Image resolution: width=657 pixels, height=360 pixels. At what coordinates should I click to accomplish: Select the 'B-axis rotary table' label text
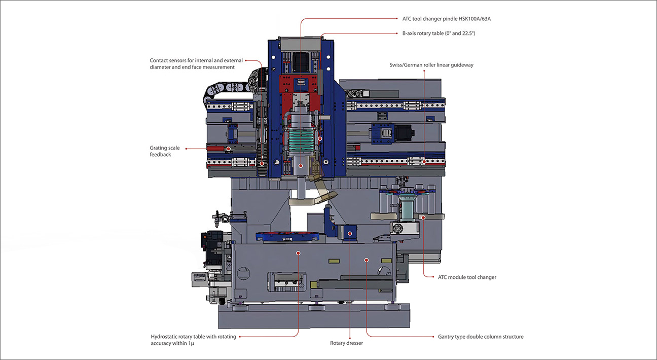pyautogui.click(x=435, y=33)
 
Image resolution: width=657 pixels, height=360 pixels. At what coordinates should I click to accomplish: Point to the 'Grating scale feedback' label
pyautogui.click(x=164, y=151)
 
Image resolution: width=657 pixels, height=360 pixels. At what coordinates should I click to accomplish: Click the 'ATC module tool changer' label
pyautogui.click(x=467, y=277)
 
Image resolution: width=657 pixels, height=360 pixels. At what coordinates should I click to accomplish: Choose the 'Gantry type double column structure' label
pyautogui.click(x=481, y=337)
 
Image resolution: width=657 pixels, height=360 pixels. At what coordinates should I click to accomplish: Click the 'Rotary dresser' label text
pyautogui.click(x=346, y=343)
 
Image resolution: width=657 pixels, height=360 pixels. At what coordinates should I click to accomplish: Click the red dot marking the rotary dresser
pyautogui.click(x=350, y=234)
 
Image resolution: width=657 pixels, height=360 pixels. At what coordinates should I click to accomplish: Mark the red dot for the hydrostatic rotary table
pyautogui.click(x=298, y=253)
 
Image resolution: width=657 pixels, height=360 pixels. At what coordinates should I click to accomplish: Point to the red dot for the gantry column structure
pyautogui.click(x=366, y=259)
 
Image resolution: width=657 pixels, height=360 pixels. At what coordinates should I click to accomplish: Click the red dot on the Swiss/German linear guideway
pyautogui.click(x=423, y=162)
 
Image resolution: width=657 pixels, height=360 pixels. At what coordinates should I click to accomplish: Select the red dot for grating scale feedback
pyautogui.click(x=229, y=149)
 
